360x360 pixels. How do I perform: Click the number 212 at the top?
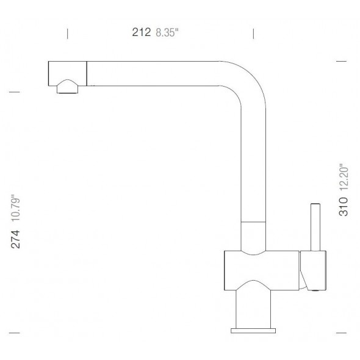pos(142,34)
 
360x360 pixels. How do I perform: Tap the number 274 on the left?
pos(16,239)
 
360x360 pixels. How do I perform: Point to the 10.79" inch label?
pos(16,207)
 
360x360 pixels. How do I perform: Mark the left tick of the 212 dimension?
pos(67,33)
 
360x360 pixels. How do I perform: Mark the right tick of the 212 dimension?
pos(253,33)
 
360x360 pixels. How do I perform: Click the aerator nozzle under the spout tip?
pos(68,88)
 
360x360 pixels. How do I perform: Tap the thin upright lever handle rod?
pos(316,226)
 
